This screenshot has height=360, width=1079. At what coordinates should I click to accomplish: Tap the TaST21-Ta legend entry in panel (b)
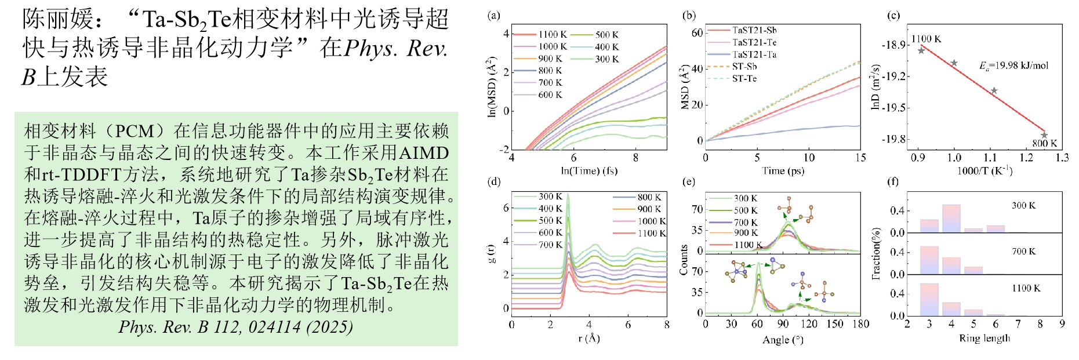pyautogui.click(x=754, y=54)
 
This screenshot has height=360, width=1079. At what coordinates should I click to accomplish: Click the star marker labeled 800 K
pyautogui.click(x=1044, y=134)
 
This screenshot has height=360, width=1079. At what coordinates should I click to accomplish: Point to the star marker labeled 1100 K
pyautogui.click(x=921, y=50)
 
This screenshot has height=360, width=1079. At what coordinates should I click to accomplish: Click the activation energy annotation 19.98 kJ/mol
pyautogui.click(x=1014, y=66)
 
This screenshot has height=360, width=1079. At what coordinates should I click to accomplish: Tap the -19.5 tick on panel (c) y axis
pyautogui.click(x=893, y=108)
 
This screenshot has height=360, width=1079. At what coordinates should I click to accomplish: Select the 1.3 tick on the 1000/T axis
pyautogui.click(x=1062, y=158)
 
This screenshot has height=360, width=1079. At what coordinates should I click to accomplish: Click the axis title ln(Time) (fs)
pyautogui.click(x=588, y=170)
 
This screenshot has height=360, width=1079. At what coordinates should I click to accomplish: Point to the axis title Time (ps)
pyautogui.click(x=783, y=170)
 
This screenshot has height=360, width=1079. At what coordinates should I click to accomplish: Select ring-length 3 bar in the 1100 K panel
pyautogui.click(x=929, y=299)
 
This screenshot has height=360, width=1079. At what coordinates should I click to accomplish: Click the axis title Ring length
pyautogui.click(x=984, y=338)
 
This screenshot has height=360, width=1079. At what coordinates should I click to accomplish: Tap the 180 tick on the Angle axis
pyautogui.click(x=860, y=323)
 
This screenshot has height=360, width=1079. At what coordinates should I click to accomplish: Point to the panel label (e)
pyautogui.click(x=689, y=182)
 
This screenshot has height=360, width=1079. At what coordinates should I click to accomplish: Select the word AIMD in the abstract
pyautogui.click(x=424, y=153)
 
